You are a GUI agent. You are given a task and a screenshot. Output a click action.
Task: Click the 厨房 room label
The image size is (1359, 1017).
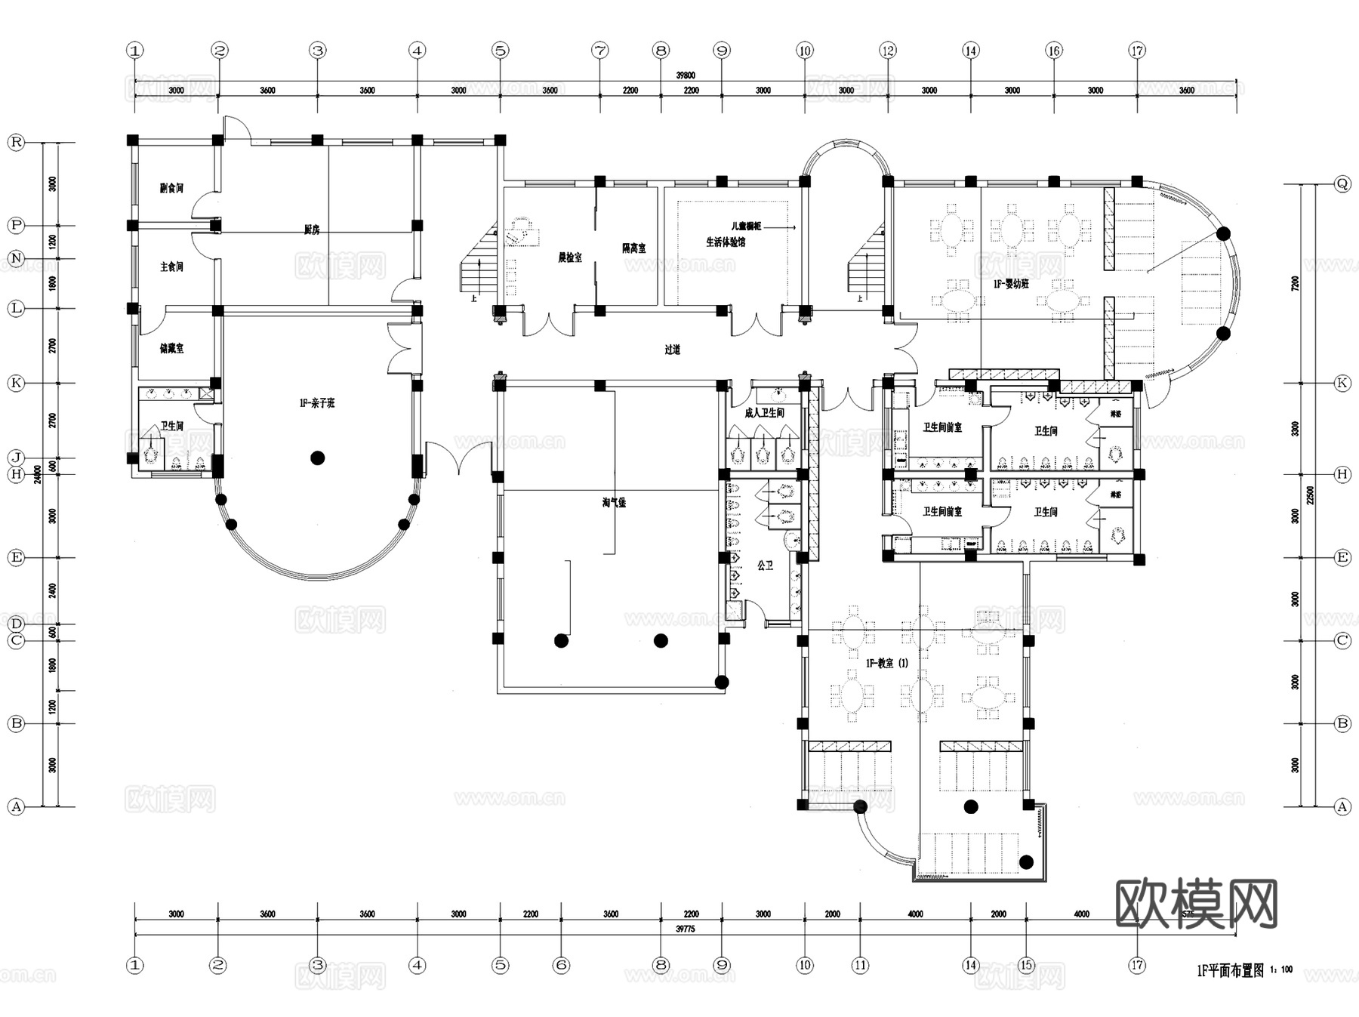point(312,230)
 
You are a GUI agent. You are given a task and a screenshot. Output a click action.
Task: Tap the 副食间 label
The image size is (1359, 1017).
point(171,188)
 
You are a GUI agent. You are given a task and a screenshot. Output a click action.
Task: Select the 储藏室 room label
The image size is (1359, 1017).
point(171,349)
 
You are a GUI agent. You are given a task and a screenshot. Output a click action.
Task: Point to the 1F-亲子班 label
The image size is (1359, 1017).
point(317,404)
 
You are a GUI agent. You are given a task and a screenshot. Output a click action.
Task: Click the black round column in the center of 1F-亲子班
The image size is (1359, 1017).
point(318,458)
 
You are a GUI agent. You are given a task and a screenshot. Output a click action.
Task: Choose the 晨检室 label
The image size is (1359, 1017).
point(570,257)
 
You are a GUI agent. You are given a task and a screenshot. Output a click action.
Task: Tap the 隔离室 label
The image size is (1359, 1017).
point(633,248)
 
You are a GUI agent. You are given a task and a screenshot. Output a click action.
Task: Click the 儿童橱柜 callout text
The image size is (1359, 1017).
point(746,227)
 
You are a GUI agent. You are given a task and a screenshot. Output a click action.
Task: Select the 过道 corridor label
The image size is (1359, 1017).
point(673,350)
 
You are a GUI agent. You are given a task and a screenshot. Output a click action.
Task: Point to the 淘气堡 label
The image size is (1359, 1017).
point(614,503)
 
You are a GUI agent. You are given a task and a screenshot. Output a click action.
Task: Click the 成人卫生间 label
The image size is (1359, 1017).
point(764,413)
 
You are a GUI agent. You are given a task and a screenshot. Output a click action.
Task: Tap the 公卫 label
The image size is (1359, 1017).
point(765,566)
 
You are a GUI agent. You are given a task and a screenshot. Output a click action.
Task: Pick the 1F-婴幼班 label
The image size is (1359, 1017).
point(1011,285)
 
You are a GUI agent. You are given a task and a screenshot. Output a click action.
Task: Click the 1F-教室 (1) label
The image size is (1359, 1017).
point(887,663)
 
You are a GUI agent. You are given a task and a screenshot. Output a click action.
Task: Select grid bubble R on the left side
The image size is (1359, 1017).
point(16,143)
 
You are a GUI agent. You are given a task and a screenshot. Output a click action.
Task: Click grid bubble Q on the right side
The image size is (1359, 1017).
point(1342,183)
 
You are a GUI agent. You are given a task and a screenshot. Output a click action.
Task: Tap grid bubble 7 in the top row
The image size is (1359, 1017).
point(600,51)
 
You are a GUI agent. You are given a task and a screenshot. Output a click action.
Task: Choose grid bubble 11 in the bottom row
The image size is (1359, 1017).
point(861,965)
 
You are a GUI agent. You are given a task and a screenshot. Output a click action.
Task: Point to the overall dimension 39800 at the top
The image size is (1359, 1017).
point(686,76)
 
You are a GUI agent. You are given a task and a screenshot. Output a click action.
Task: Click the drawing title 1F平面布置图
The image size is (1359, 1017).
point(1230,971)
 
